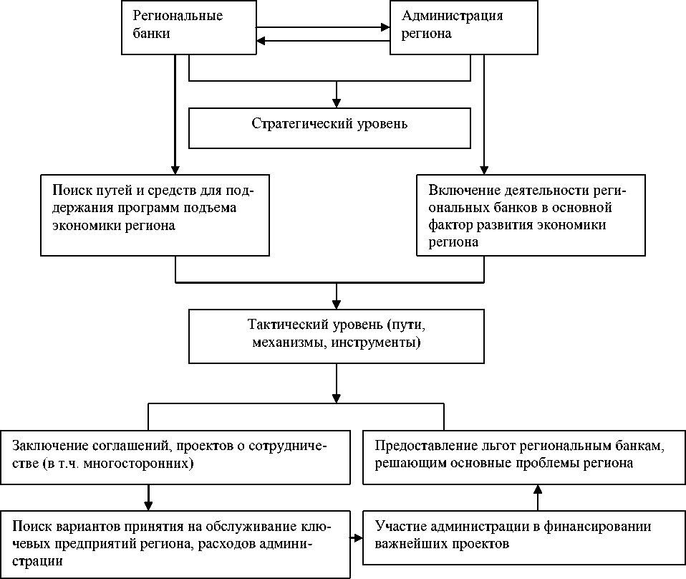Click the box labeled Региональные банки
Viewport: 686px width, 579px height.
pyautogui.click(x=188, y=27)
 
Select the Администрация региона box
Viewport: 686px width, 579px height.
pyautogui.click(x=463, y=27)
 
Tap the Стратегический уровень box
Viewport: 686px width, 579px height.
pyautogui.click(x=329, y=126)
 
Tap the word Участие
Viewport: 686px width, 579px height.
pyautogui.click(x=398, y=527)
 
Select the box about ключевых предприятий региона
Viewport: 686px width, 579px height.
pyautogui.click(x=175, y=544)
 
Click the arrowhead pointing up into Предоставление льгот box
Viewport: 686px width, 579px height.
pyautogui.click(x=537, y=489)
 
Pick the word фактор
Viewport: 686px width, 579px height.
pyautogui.click(x=450, y=225)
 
